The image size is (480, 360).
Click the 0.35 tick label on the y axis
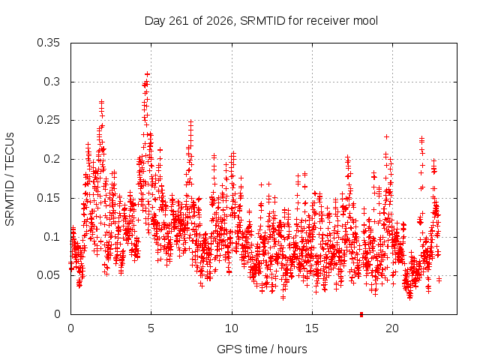point(48,43)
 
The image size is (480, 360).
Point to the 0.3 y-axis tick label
point(52,82)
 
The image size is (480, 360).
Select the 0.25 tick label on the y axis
point(48,120)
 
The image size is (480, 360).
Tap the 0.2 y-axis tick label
point(52,159)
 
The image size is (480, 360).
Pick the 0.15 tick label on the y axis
point(48,198)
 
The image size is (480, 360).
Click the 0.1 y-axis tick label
point(52,237)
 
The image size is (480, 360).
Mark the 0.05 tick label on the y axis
point(48,275)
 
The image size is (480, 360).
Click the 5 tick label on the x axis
point(151,328)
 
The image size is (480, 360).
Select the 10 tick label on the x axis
point(232,328)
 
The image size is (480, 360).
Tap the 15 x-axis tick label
point(312,328)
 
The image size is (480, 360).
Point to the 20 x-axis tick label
point(392,328)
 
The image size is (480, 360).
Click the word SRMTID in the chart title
point(262,21)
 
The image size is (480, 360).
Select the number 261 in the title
point(180,21)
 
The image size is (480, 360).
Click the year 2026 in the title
point(219,21)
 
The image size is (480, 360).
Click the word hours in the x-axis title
point(292,349)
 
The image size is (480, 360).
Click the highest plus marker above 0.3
point(148,74)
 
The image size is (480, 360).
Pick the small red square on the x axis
point(361,314)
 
